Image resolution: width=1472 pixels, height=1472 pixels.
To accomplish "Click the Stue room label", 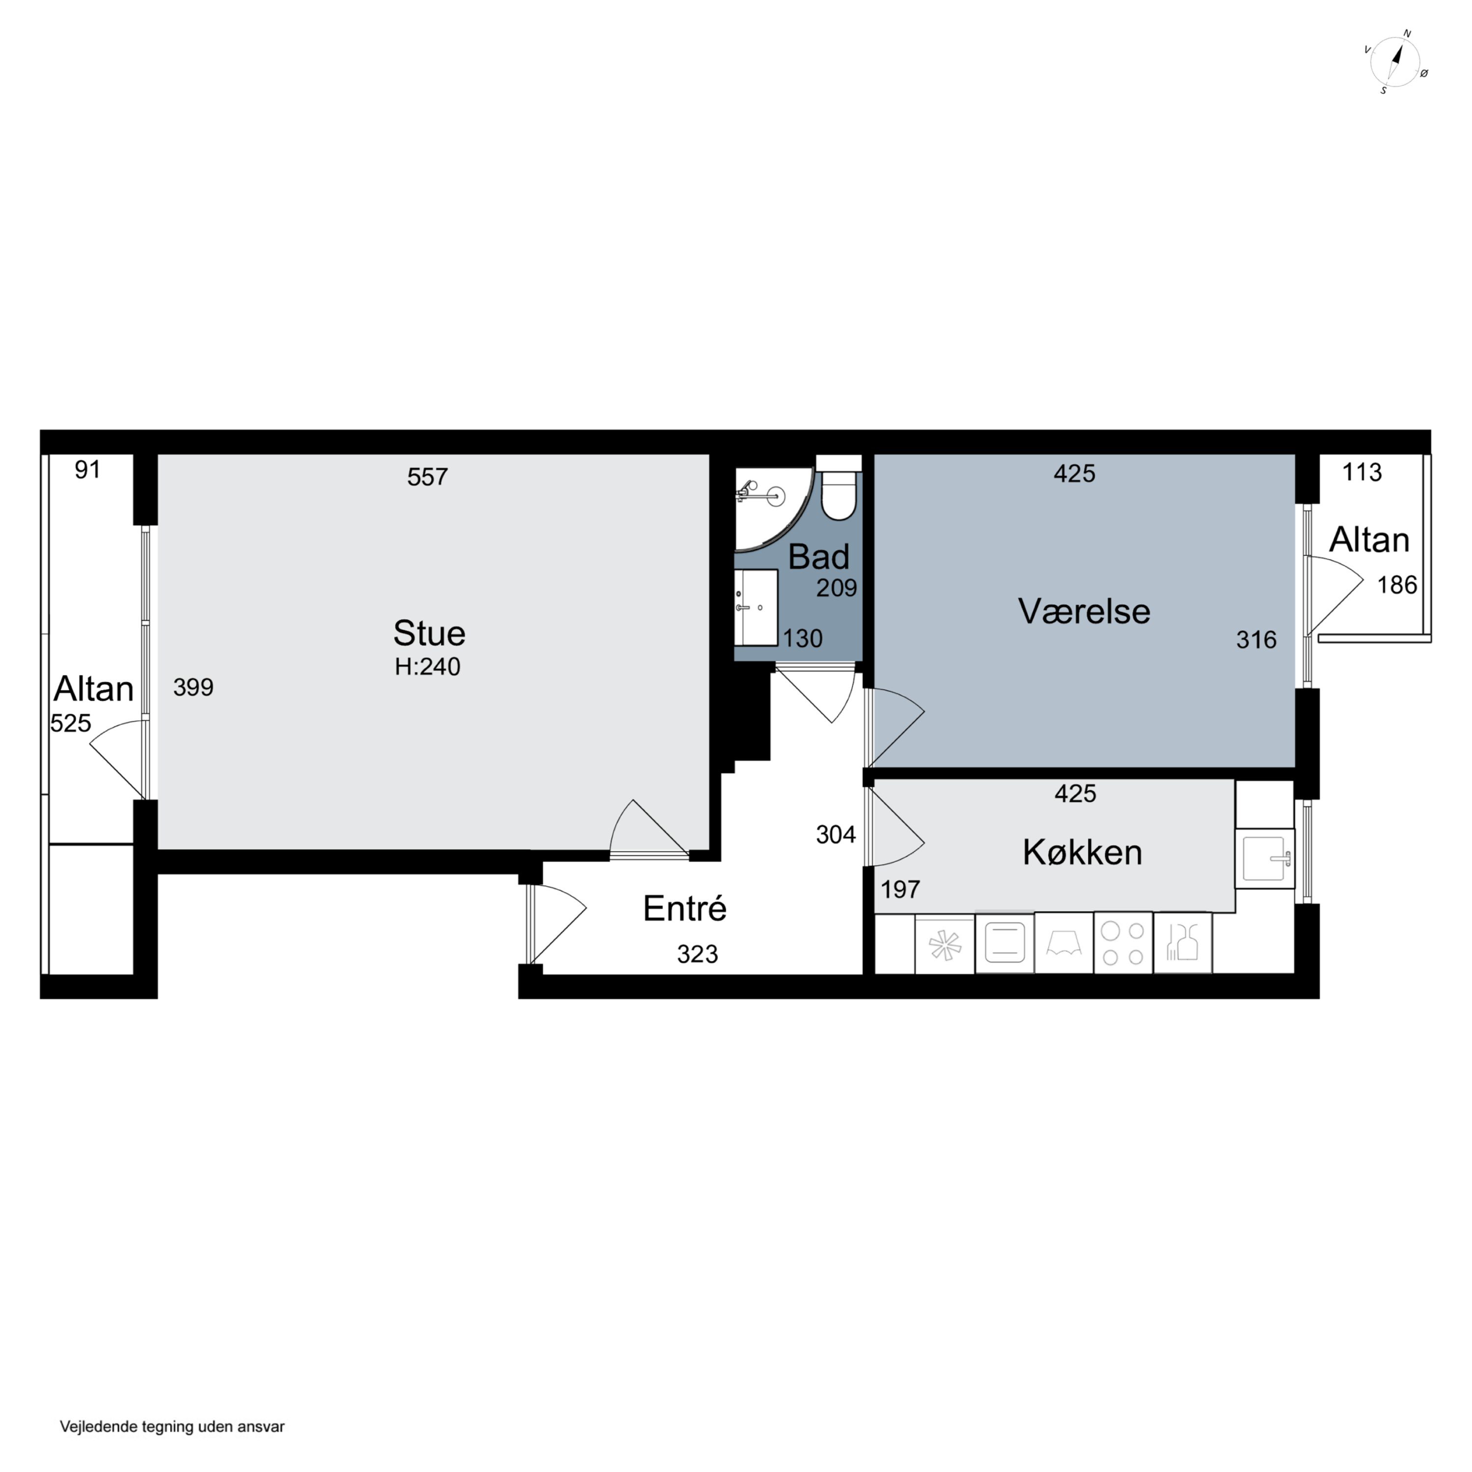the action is [x=429, y=633].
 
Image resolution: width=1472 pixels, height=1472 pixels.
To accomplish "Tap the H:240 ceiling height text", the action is [x=427, y=667].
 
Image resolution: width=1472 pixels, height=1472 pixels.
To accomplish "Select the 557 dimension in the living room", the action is [x=427, y=477].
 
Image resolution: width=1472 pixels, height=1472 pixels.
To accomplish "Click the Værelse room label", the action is [x=1083, y=611].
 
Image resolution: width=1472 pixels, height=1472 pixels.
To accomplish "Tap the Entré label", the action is [x=684, y=908].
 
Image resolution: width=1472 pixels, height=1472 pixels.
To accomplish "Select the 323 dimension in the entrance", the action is [x=697, y=954].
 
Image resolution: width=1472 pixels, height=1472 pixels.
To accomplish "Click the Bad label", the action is [x=818, y=557].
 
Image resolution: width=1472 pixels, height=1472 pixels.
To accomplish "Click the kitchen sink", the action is [x=1264, y=858].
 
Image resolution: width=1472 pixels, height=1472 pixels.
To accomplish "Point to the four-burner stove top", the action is [x=1123, y=943].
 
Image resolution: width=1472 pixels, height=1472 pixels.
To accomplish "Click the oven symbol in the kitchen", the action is [x=1004, y=943].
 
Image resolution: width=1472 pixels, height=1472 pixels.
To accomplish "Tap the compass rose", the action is [x=1395, y=62].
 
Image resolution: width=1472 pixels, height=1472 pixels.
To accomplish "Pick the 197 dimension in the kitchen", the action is [x=900, y=889].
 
